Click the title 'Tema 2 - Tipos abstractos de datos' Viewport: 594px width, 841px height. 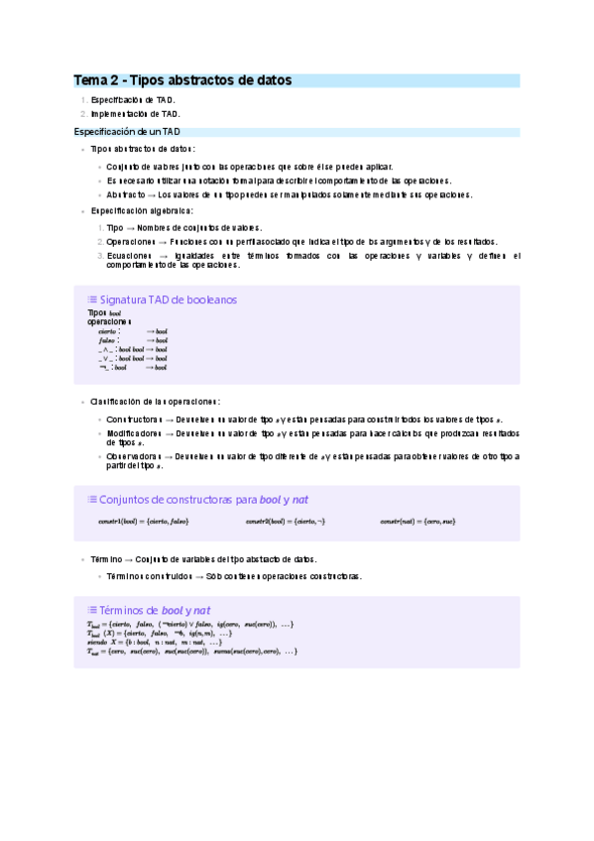183,80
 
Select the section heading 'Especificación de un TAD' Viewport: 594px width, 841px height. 127,131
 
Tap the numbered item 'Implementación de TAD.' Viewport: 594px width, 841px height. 135,114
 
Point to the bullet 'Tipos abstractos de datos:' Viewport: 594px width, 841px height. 143,149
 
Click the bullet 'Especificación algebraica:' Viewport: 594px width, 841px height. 142,211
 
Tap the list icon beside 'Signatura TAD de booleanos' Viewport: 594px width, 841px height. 92,300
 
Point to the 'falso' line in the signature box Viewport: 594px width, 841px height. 108,340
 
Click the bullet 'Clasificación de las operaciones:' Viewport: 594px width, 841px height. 155,402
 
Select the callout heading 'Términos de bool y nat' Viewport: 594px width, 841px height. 154,610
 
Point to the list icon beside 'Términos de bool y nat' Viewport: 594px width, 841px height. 92,610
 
